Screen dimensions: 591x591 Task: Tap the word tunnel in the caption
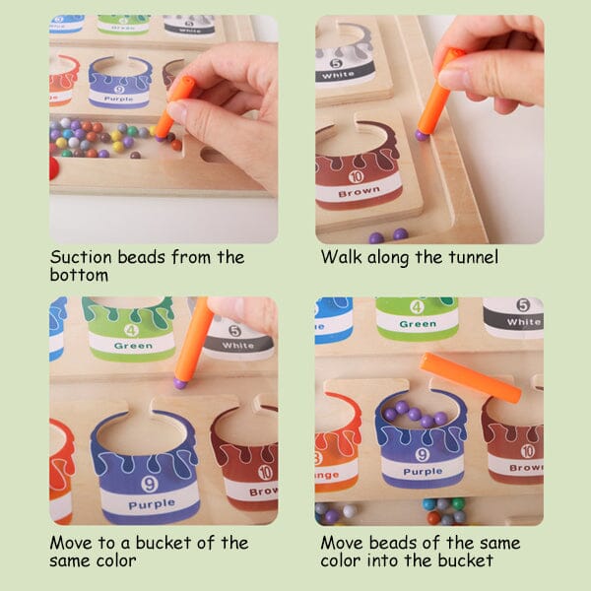pos(471,258)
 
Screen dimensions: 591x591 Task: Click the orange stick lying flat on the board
pos(470,376)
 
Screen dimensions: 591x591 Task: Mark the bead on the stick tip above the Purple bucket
pos(180,381)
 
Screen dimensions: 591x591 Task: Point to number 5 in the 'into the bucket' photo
pos(522,305)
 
